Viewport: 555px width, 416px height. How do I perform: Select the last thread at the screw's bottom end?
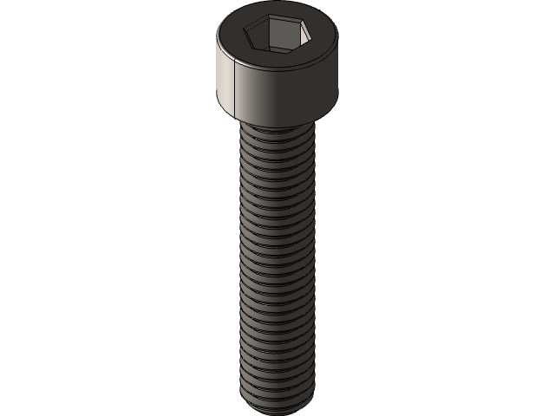[x=277, y=400]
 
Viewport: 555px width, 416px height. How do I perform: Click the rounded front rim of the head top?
[x=277, y=64]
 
